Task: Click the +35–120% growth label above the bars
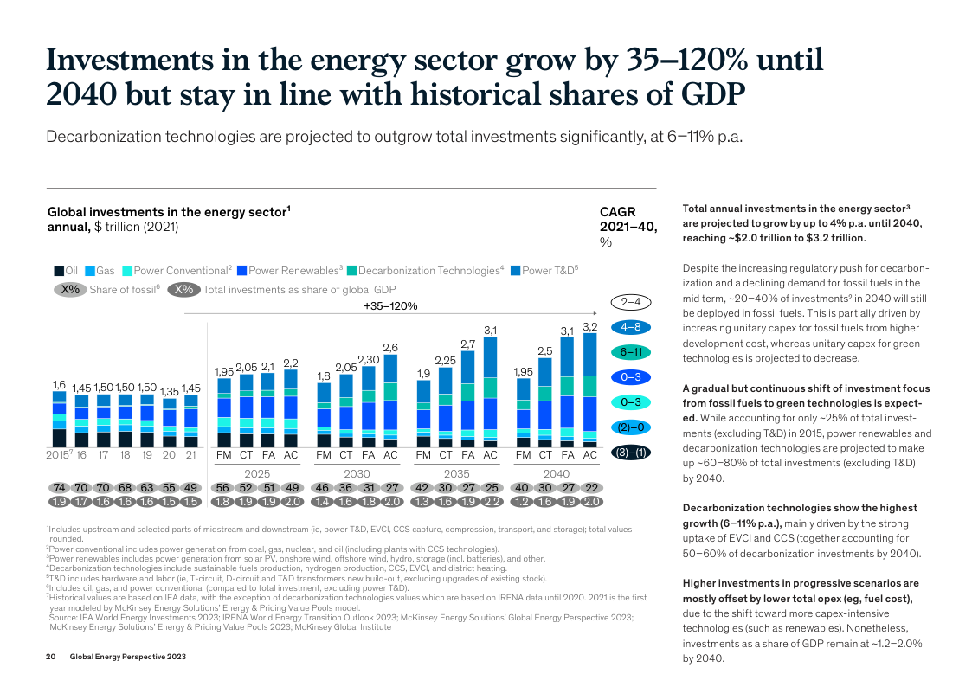click(390, 305)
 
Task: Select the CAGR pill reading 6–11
click(630, 352)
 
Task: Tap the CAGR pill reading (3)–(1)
click(630, 453)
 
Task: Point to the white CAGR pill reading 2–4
click(630, 302)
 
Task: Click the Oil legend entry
click(67, 271)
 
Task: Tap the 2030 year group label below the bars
click(357, 473)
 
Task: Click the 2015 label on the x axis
click(57, 455)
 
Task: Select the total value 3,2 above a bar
click(590, 326)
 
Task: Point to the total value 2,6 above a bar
click(390, 347)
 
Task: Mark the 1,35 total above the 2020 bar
click(169, 391)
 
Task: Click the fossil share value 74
click(59, 488)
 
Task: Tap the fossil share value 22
click(591, 488)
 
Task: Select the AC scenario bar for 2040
click(590, 390)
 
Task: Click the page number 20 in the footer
click(50, 658)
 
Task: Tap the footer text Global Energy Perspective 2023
click(127, 658)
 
